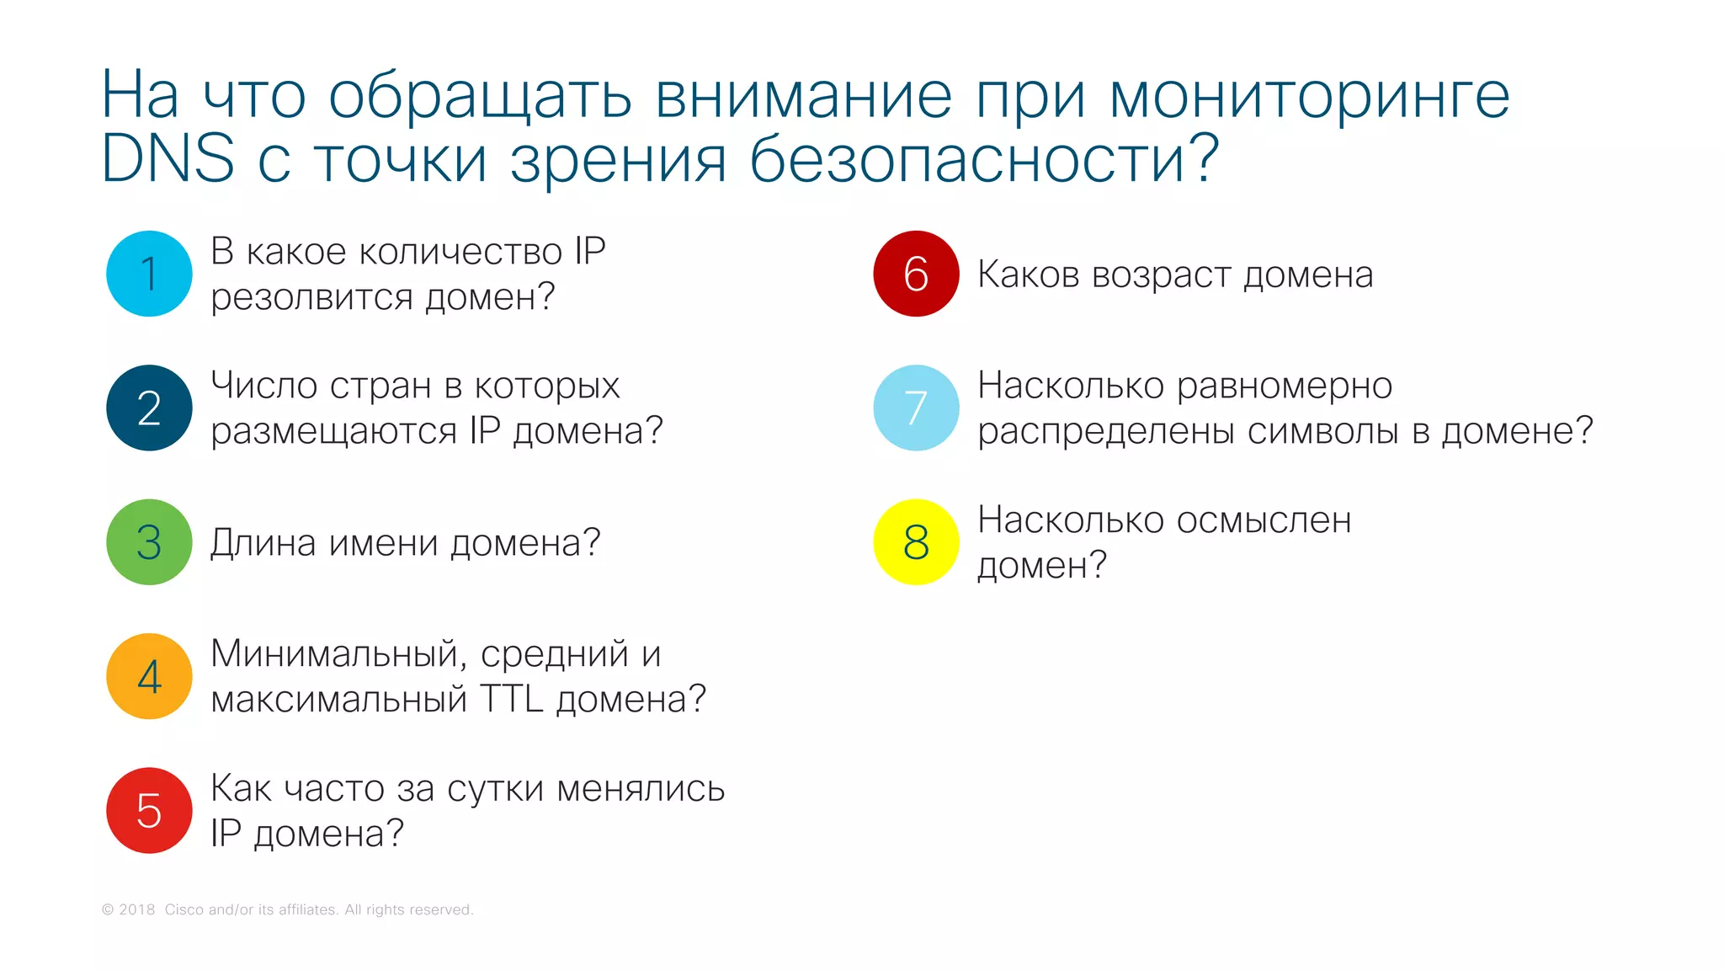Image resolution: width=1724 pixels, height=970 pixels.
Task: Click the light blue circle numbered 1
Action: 149,274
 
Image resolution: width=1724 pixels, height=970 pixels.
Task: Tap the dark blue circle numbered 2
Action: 149,408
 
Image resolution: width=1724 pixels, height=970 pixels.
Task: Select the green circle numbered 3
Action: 149,542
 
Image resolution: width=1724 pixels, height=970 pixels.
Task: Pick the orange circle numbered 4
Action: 149,676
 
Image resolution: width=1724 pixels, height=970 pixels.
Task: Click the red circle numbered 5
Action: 149,810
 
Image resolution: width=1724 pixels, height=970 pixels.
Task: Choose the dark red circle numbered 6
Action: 916,274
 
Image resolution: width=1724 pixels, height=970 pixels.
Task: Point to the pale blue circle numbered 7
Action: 916,408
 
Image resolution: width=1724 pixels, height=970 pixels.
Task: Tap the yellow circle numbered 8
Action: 916,542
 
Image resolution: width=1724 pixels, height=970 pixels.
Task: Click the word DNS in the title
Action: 168,158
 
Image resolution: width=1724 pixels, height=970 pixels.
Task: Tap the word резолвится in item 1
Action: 311,297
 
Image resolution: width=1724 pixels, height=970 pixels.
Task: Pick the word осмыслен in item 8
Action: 1264,520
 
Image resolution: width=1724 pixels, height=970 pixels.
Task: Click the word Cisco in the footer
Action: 184,909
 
